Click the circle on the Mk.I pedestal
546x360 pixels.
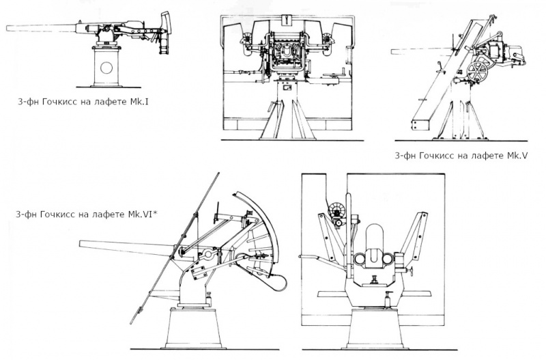(106, 68)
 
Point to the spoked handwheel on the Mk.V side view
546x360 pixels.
(476, 72)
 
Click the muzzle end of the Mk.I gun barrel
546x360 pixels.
(7, 29)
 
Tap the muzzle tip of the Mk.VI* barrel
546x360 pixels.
(80, 244)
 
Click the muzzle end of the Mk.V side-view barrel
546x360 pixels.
(392, 52)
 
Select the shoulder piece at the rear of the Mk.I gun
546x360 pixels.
(167, 23)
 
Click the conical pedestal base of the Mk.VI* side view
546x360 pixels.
(193, 329)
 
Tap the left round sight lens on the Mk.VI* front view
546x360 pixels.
(360, 259)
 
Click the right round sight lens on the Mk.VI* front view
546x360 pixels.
(387, 259)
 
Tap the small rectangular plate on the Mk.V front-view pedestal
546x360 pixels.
(287, 88)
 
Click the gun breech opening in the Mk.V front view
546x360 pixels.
(288, 53)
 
